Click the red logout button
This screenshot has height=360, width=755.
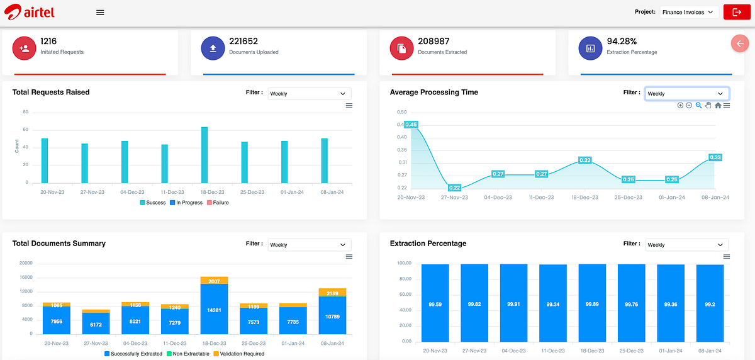[736, 12]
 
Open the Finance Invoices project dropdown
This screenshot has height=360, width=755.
[690, 12]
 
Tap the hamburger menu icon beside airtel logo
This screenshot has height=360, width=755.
[100, 13]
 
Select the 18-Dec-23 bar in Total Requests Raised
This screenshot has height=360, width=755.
[204, 155]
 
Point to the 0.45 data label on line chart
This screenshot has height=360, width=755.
[411, 125]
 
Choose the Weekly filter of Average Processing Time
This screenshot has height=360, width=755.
[686, 94]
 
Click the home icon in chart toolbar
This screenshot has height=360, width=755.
[718, 106]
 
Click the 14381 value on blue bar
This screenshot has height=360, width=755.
[214, 310]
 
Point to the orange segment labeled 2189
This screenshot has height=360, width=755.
[333, 293]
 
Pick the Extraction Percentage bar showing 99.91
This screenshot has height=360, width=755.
[513, 303]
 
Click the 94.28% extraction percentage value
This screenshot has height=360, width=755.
[622, 41]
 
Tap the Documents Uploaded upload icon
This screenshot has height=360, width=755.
[213, 48]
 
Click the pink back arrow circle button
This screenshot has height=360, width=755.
[740, 43]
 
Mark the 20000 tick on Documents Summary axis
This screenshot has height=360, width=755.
[26, 263]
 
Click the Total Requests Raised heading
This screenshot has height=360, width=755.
[51, 93]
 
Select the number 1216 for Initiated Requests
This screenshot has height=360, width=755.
[48, 41]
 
